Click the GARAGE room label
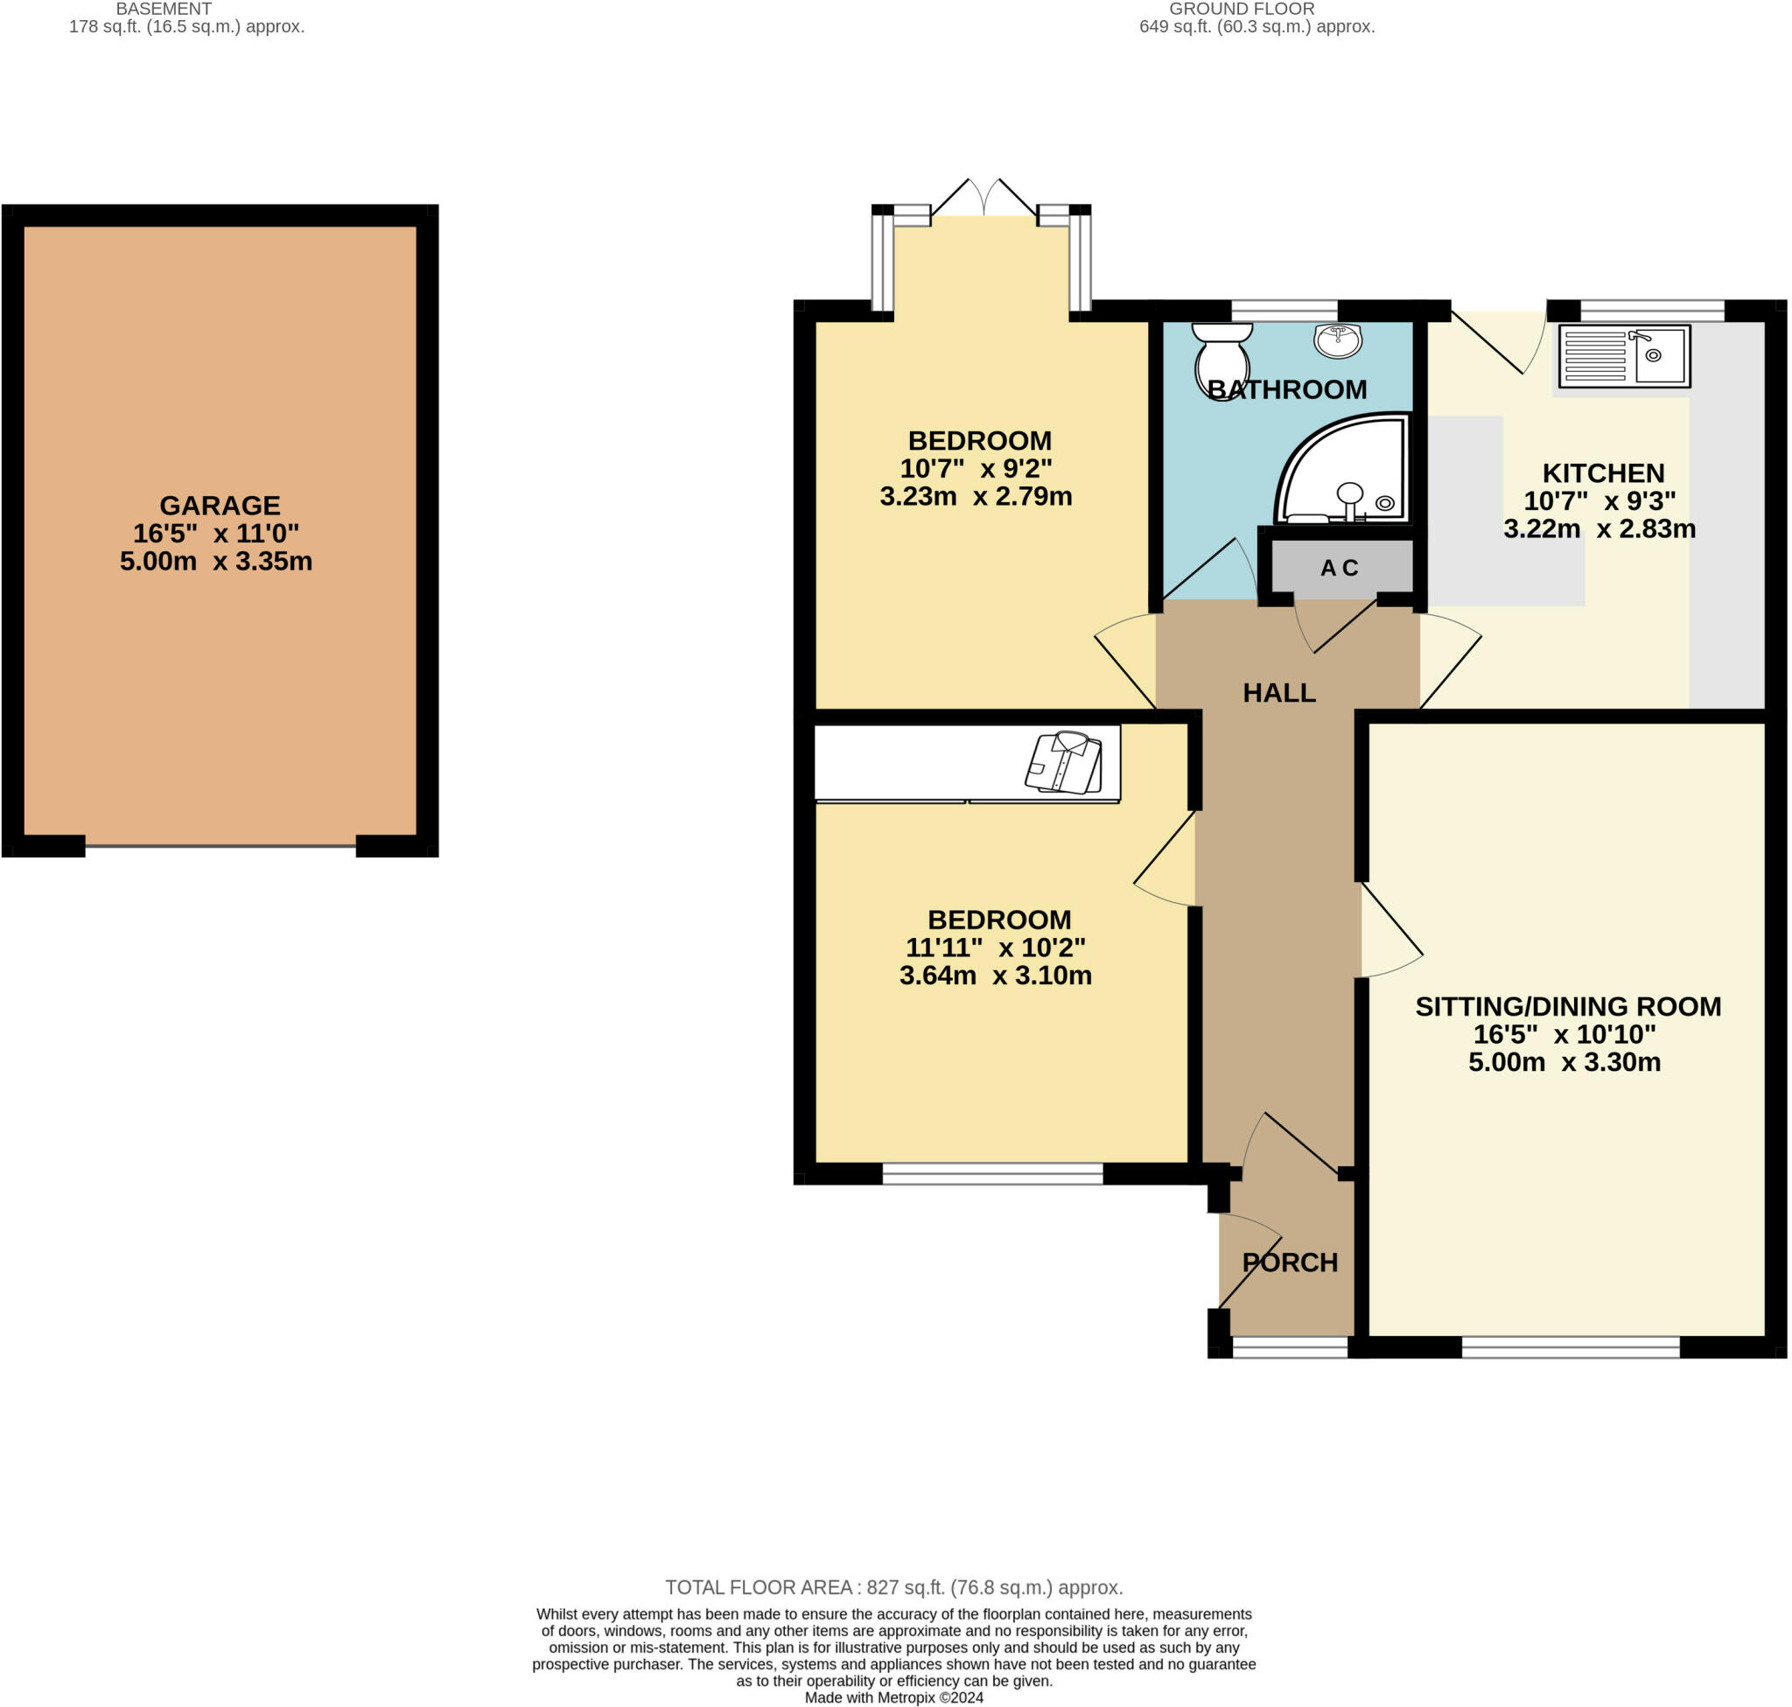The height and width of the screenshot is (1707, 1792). [x=220, y=505]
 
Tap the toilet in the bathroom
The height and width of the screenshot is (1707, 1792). [x=1221, y=359]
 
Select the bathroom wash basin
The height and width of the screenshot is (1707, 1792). [x=1337, y=340]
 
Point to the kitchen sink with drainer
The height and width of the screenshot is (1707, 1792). [x=1624, y=356]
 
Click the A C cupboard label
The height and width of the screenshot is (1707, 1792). [x=1339, y=568]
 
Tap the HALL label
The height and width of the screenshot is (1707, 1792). [x=1278, y=692]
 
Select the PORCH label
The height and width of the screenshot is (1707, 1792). [x=1290, y=1262]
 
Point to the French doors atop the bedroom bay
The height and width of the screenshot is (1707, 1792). [x=983, y=199]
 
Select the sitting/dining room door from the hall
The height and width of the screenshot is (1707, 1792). [x=1391, y=930]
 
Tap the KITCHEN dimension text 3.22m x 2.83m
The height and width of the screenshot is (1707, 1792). [x=1599, y=528]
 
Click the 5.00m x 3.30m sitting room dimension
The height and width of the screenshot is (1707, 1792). [x=1564, y=1062]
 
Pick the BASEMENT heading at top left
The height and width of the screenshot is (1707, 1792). [x=164, y=8]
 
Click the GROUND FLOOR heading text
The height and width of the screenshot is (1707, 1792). [x=1242, y=8]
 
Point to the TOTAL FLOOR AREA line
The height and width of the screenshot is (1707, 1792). [x=893, y=1587]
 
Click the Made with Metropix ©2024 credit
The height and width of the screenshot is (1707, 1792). [x=893, y=1697]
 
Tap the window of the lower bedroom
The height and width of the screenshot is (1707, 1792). [x=992, y=1174]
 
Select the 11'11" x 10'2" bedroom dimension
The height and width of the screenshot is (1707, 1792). [x=995, y=948]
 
